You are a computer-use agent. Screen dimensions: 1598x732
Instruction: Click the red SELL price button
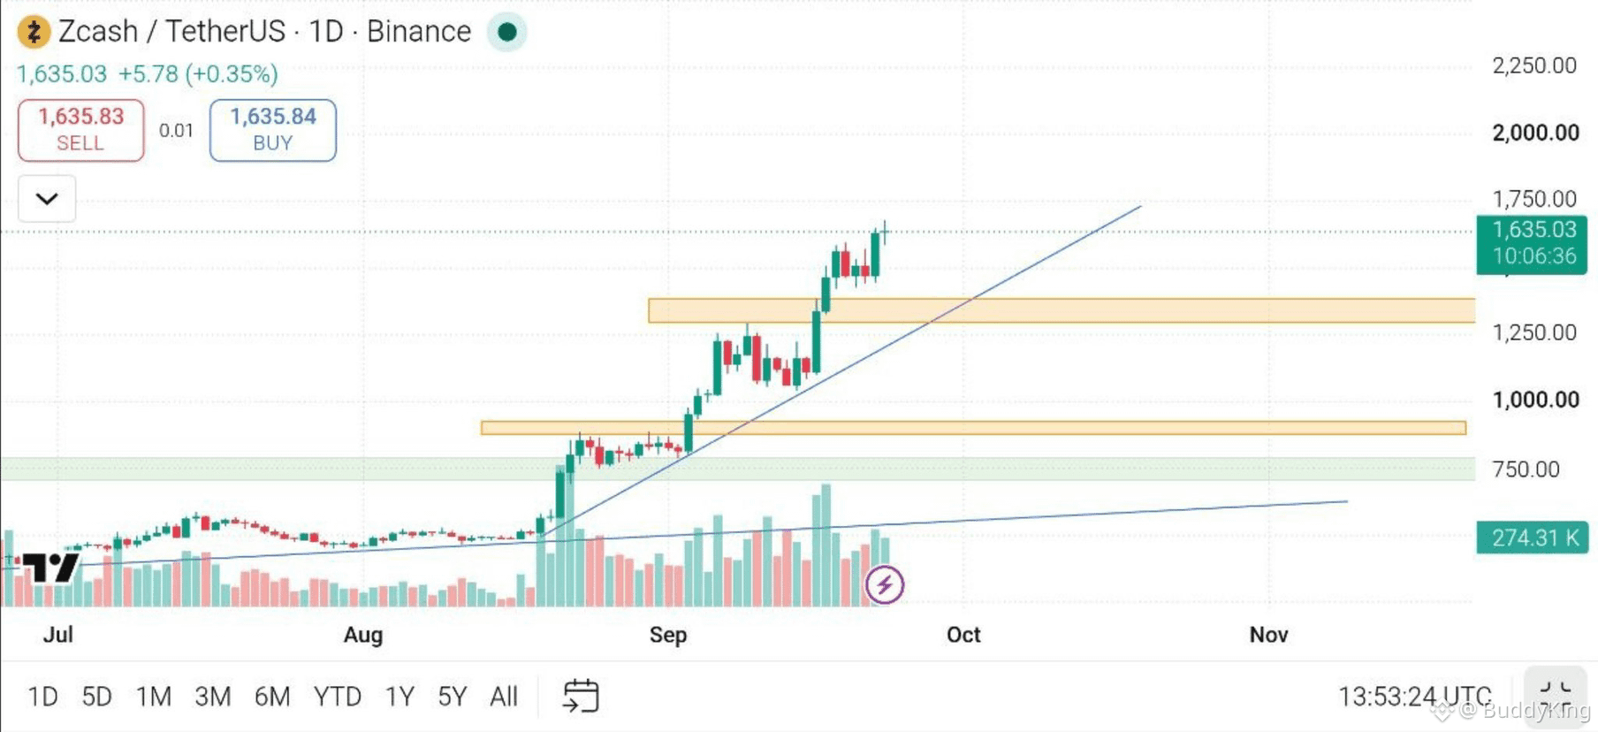(x=81, y=130)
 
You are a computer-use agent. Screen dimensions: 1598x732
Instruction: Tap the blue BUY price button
(x=273, y=130)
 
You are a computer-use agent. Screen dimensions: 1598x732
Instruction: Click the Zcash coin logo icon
(x=34, y=32)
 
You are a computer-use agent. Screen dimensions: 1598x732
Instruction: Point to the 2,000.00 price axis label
(x=1535, y=133)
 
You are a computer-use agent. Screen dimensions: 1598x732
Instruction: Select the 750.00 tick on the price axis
(x=1526, y=469)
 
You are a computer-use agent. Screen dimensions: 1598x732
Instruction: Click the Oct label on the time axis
(x=963, y=635)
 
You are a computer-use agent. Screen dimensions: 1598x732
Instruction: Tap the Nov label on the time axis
(x=1268, y=635)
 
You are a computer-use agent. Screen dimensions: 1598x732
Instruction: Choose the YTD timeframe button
(x=338, y=697)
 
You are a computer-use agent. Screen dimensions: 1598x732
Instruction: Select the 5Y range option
(x=452, y=697)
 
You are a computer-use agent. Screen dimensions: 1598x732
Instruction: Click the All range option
(x=504, y=697)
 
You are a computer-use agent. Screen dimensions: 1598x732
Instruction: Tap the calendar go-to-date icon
(x=581, y=696)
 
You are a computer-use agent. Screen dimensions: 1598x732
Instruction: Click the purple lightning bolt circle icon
(x=885, y=584)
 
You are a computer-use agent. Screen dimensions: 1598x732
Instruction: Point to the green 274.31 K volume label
(x=1532, y=538)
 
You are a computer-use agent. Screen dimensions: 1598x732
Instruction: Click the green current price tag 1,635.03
(x=1532, y=243)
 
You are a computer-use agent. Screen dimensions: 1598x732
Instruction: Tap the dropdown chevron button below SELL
(x=47, y=199)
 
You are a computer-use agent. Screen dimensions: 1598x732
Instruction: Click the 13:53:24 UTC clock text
(x=1414, y=697)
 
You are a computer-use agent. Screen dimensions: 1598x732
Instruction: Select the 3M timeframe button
(x=213, y=697)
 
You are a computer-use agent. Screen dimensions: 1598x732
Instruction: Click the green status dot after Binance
(x=507, y=32)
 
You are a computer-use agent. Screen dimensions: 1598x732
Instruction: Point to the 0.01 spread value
(x=176, y=131)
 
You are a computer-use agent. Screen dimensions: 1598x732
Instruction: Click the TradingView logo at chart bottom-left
(x=50, y=567)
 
